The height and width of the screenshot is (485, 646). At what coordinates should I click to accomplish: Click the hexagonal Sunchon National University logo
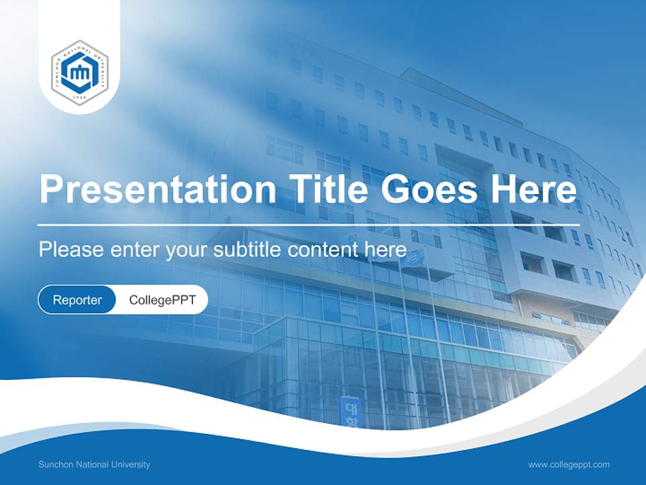(x=80, y=72)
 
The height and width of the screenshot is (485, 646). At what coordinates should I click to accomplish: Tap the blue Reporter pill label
(x=77, y=300)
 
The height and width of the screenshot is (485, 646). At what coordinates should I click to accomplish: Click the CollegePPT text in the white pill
(x=162, y=300)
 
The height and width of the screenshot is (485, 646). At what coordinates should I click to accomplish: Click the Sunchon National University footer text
(x=94, y=465)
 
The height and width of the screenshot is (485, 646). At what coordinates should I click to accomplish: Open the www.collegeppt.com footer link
(x=569, y=465)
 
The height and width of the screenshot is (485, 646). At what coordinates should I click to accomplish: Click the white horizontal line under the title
(x=309, y=224)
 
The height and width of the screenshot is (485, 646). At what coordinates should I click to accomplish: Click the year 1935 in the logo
(x=80, y=98)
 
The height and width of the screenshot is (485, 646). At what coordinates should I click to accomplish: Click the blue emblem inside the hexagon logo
(x=80, y=71)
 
